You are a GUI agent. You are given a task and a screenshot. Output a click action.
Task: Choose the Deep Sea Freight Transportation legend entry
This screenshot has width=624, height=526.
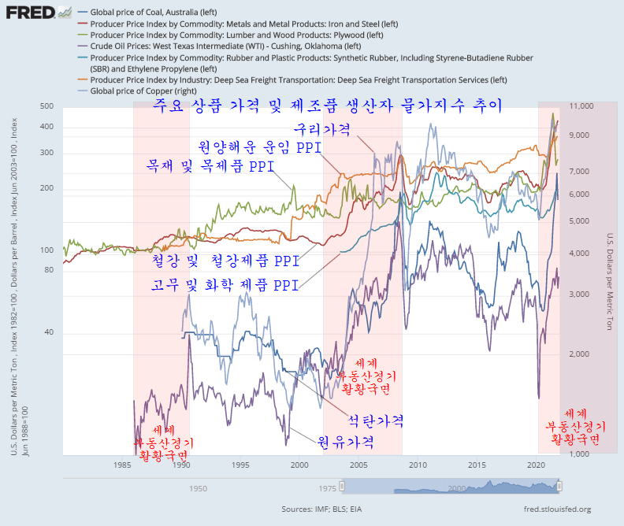[x=299, y=80]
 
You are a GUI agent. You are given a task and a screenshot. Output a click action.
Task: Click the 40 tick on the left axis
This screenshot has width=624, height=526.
[x=48, y=332]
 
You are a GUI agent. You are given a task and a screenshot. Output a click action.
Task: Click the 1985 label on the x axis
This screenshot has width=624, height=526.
[x=121, y=465]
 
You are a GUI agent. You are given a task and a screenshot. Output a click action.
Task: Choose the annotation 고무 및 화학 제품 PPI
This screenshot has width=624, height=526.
[x=225, y=285]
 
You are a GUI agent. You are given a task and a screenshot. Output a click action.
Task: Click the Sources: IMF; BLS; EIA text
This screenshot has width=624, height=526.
[x=321, y=509]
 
